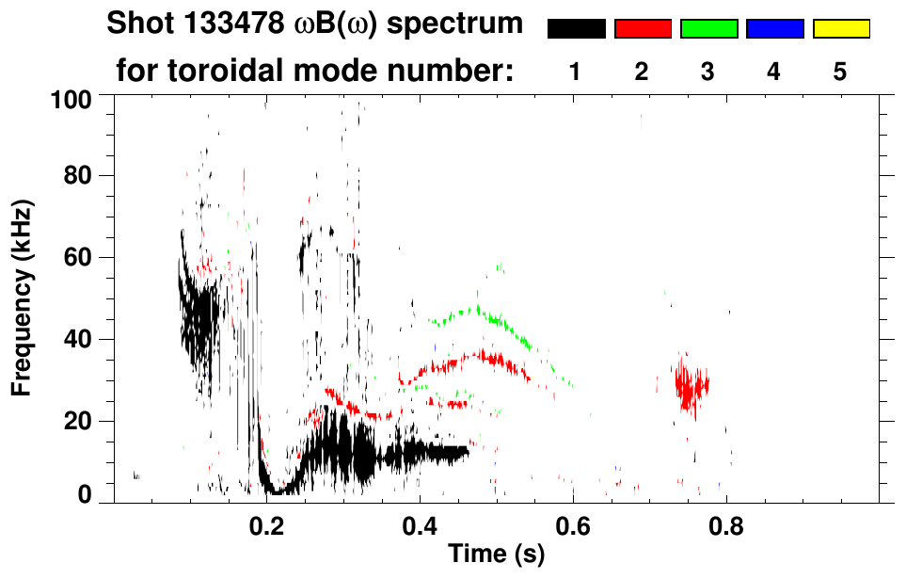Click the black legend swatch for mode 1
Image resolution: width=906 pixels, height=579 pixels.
click(576, 29)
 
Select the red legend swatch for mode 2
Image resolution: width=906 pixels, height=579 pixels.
click(643, 29)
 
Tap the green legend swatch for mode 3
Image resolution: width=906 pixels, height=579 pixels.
click(708, 29)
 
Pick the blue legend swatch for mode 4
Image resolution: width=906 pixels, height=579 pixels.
click(774, 29)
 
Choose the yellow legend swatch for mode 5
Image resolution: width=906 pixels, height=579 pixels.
click(840, 29)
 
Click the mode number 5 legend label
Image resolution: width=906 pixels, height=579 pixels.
click(840, 72)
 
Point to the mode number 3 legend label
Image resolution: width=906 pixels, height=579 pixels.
click(708, 72)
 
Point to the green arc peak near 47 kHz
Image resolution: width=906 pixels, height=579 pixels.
click(478, 309)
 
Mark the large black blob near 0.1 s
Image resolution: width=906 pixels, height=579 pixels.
click(200, 315)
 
